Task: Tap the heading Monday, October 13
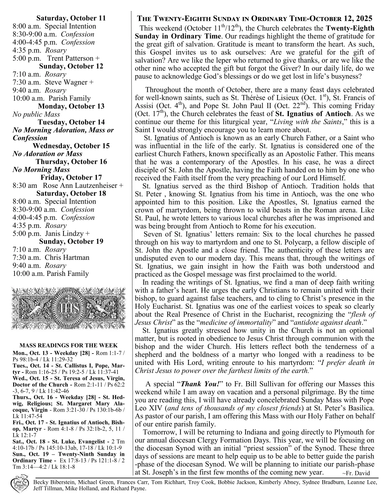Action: click(x=71, y=106)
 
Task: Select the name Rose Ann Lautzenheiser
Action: click(x=81, y=186)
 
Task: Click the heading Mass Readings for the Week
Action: click(x=68, y=346)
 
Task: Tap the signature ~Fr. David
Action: click(x=356, y=473)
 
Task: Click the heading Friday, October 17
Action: click(x=71, y=178)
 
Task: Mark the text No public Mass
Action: click(x=36, y=114)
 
